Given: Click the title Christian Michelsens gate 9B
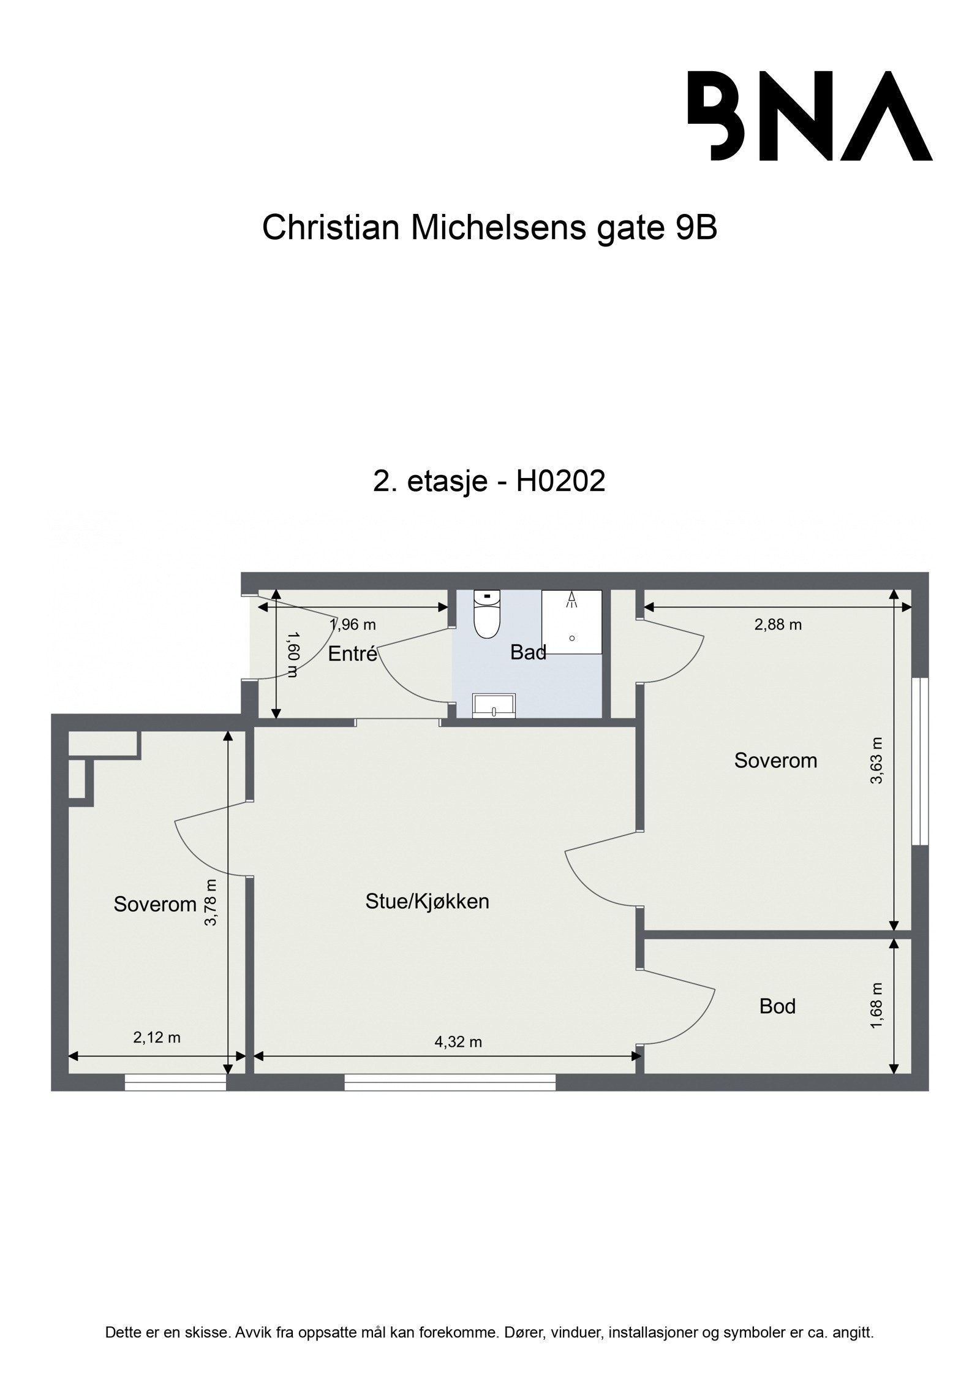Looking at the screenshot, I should click(x=489, y=228).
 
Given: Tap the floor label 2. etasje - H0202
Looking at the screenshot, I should click(x=489, y=481).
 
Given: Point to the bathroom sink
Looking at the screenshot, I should click(x=494, y=705).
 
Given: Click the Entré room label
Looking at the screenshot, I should click(x=352, y=654).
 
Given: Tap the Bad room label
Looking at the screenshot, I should click(x=528, y=653).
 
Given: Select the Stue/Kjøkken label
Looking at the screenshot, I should click(x=427, y=901).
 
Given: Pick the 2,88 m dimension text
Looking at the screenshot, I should click(x=777, y=625).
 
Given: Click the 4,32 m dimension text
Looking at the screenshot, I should click(x=458, y=1042).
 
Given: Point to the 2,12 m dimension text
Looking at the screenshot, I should click(x=157, y=1037).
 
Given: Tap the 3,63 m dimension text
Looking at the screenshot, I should click(x=877, y=760).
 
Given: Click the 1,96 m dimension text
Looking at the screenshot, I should click(x=352, y=625).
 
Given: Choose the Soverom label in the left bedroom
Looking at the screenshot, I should click(x=155, y=904).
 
